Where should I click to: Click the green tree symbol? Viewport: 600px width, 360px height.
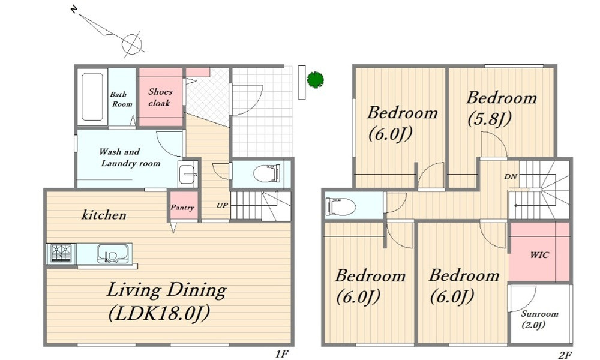316,80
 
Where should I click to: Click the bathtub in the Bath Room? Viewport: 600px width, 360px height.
92,97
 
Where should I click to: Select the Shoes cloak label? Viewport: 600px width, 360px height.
160,97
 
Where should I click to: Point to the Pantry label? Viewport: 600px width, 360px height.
182,208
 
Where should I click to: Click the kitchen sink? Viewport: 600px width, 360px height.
112,253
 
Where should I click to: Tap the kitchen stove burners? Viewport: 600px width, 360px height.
61,253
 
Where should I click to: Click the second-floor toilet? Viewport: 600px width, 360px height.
340,206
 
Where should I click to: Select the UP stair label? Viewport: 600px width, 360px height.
222,205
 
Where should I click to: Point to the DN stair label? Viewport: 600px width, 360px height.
511,177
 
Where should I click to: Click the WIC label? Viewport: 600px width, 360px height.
539,255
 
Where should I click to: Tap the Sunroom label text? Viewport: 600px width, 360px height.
539,314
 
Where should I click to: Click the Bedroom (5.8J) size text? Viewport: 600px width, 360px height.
490,119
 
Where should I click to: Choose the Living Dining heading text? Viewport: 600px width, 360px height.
166,290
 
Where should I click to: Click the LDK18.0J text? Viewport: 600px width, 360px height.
160,314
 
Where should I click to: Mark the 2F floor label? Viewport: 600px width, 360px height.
565,355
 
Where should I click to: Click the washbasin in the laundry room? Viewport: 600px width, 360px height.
188,174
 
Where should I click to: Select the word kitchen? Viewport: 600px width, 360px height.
104,215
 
